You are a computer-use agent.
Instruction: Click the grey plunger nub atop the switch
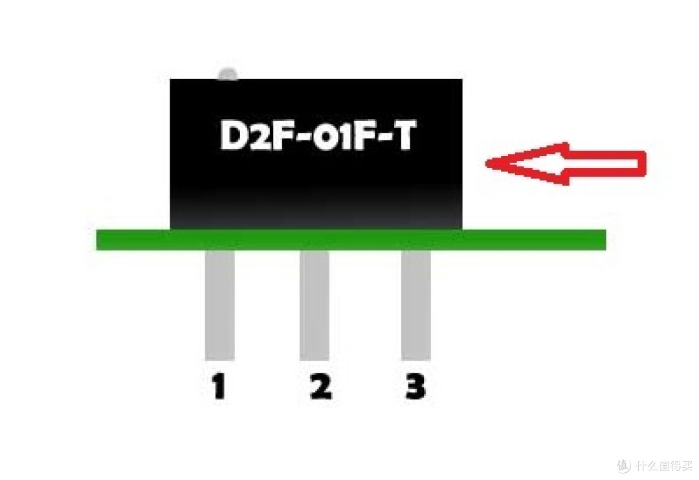coord(228,74)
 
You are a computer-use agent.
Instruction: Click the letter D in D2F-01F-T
coord(231,135)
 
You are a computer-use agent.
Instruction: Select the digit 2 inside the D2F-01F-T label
coord(253,135)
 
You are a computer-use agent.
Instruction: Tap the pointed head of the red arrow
coord(488,163)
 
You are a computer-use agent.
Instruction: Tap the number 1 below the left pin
coord(219,386)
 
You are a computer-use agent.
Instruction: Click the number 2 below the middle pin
coord(321,386)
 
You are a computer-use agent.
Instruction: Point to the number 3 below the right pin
coord(416,386)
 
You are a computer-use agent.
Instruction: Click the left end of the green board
coord(98,240)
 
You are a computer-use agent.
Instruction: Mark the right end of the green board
coord(605,240)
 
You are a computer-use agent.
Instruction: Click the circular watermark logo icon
coord(624,465)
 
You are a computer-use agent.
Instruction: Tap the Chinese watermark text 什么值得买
coord(664,466)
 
